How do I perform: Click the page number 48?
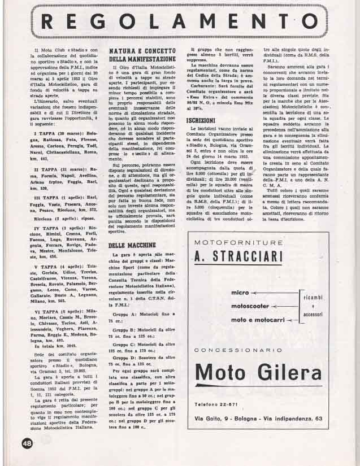[x=27, y=444]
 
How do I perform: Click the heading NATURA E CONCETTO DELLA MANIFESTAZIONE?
[x=142, y=55]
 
